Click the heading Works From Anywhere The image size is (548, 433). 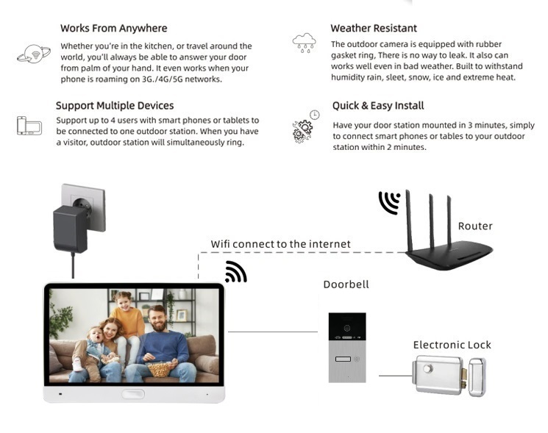[113, 28]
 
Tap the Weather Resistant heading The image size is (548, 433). [374, 28]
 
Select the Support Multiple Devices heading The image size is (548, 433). [115, 105]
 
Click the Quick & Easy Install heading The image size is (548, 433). [378, 105]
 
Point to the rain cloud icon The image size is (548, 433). [304, 43]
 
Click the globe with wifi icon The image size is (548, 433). [34, 54]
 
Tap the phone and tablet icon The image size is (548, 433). [29, 126]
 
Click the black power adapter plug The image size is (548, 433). [71, 229]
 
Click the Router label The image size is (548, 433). [475, 226]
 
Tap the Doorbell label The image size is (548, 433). [346, 285]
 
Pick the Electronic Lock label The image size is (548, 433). [452, 345]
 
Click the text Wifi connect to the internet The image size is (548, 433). [280, 244]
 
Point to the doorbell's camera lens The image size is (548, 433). [347, 328]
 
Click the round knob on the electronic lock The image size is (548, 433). [427, 368]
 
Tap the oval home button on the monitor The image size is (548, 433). [133, 394]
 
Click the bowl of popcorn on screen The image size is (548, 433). [159, 369]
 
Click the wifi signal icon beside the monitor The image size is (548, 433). [236, 272]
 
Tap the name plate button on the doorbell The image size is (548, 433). [343, 359]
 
